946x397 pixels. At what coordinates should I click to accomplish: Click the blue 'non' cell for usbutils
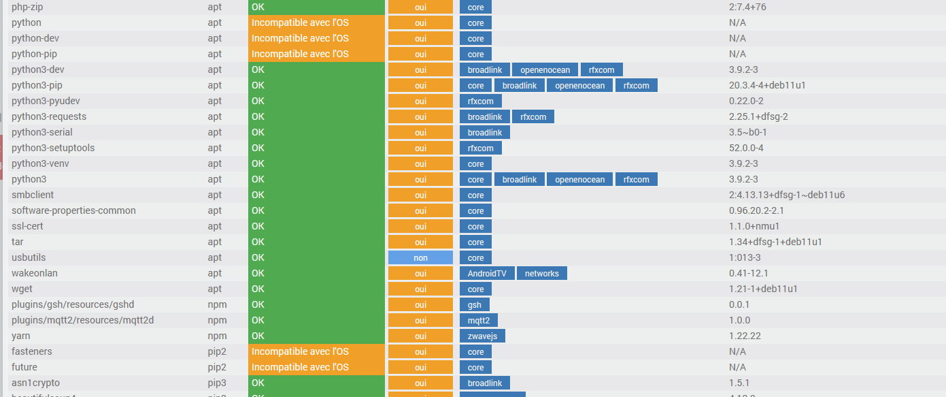tap(420, 258)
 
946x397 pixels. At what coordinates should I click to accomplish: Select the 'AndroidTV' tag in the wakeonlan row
tap(486, 274)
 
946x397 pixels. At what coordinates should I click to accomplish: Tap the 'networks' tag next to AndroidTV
tap(541, 274)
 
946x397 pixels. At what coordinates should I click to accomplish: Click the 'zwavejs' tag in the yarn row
tap(482, 336)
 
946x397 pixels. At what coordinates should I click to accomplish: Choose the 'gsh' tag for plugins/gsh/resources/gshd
tap(474, 305)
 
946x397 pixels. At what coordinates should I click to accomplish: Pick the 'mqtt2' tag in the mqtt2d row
tap(479, 321)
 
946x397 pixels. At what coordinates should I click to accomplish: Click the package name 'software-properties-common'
tap(73, 211)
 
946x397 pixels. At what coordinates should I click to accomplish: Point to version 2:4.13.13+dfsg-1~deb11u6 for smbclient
tap(787, 195)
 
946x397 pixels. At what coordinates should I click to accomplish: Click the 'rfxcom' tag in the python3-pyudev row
tap(480, 101)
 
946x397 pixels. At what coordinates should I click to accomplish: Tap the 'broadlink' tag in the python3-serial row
tap(484, 133)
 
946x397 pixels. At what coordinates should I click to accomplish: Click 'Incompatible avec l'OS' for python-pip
tap(300, 54)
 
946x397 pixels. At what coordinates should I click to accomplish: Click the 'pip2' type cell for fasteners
tap(217, 352)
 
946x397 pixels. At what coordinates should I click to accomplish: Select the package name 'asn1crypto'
tap(35, 383)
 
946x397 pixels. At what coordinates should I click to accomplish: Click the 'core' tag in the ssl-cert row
tap(475, 227)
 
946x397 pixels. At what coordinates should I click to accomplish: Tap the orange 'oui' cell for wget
tap(420, 289)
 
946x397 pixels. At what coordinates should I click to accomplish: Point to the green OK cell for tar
tap(316, 242)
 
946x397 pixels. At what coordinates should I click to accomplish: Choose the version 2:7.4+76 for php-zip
tap(747, 7)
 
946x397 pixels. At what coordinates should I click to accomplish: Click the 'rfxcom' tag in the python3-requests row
tap(533, 117)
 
